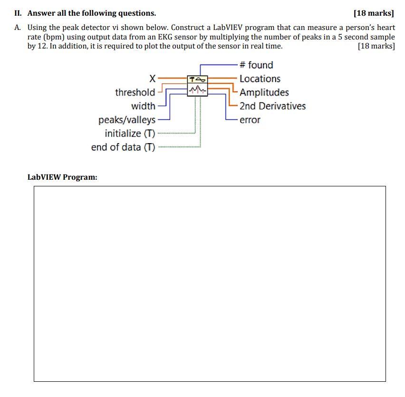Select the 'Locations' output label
pyautogui.click(x=260, y=79)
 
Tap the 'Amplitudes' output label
pyautogui.click(x=264, y=93)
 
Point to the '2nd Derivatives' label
pyautogui.click(x=272, y=106)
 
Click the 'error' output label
pyautogui.click(x=250, y=120)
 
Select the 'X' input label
pyautogui.click(x=152, y=78)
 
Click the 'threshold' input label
pyautogui.click(x=135, y=92)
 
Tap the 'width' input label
pyautogui.click(x=143, y=106)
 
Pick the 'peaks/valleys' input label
pyautogui.click(x=127, y=120)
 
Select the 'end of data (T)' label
pyautogui.click(x=123, y=147)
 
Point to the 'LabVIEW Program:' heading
pyautogui.click(x=62, y=177)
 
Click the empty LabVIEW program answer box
pyautogui.click(x=210, y=283)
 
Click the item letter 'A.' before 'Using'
pyautogui.click(x=18, y=28)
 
